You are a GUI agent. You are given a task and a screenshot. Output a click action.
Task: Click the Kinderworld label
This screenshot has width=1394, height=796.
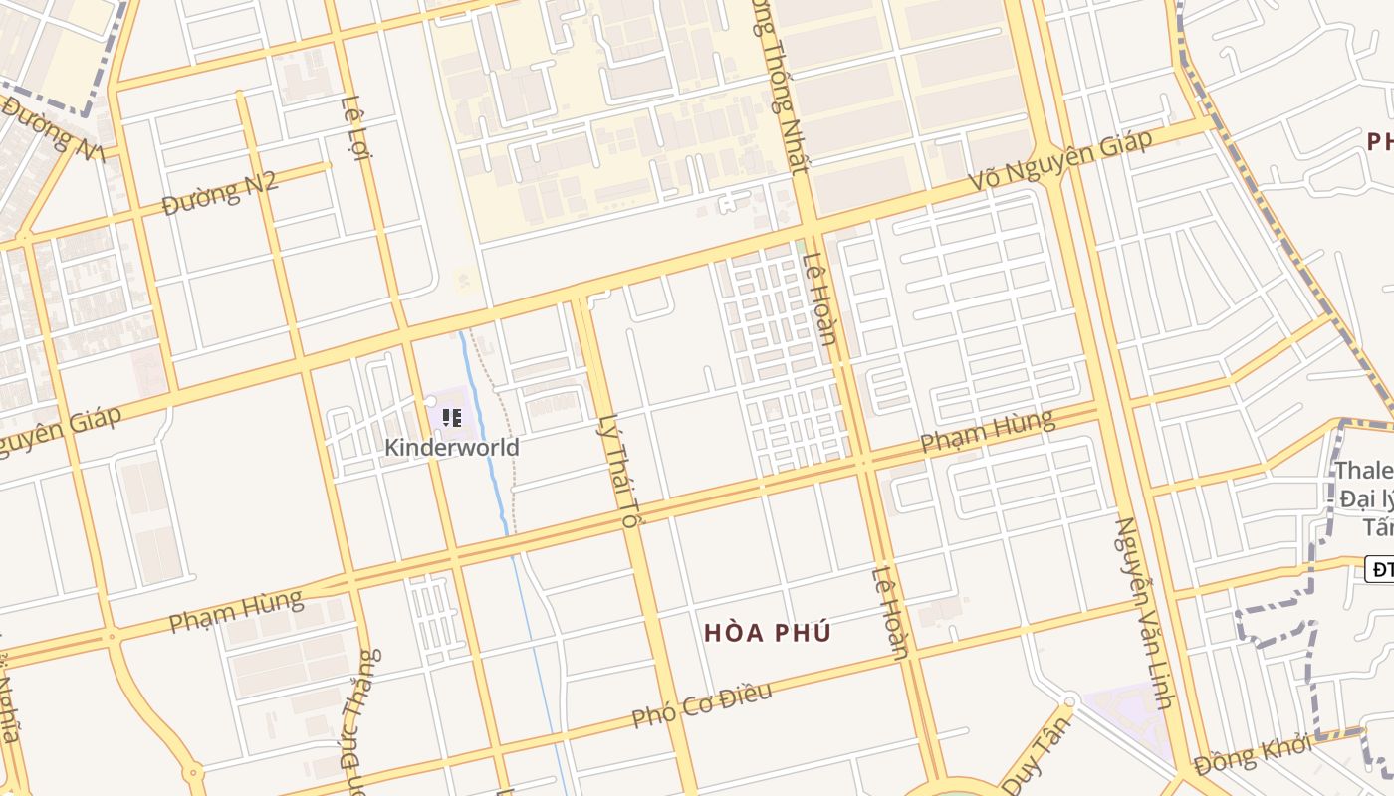(452, 447)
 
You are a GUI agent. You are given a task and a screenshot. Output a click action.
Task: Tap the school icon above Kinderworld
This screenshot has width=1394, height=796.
(451, 418)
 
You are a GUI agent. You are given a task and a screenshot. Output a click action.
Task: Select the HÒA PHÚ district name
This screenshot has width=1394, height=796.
(767, 632)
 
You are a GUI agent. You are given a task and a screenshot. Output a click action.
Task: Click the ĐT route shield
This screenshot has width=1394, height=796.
(1380, 569)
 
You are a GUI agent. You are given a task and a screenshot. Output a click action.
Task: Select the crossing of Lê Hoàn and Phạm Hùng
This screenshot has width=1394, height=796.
(863, 463)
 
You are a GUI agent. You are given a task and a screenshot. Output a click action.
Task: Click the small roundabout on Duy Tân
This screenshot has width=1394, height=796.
(1069, 700)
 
